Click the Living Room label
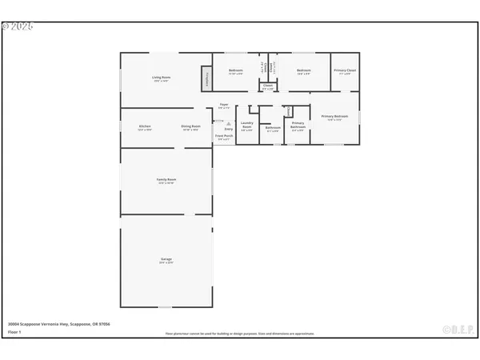pos(162,78)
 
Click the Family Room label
pos(166,180)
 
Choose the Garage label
pos(166,260)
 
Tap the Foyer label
pos(224,106)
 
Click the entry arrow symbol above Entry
pos(229,122)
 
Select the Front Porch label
pos(224,137)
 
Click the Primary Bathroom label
pos(298,126)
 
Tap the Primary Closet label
pos(346,71)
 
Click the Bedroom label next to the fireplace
pos(236,71)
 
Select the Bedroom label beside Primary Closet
pos(303,71)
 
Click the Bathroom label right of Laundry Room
pos(272,126)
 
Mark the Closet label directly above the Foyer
pos(268,87)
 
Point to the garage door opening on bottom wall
pos(165,306)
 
